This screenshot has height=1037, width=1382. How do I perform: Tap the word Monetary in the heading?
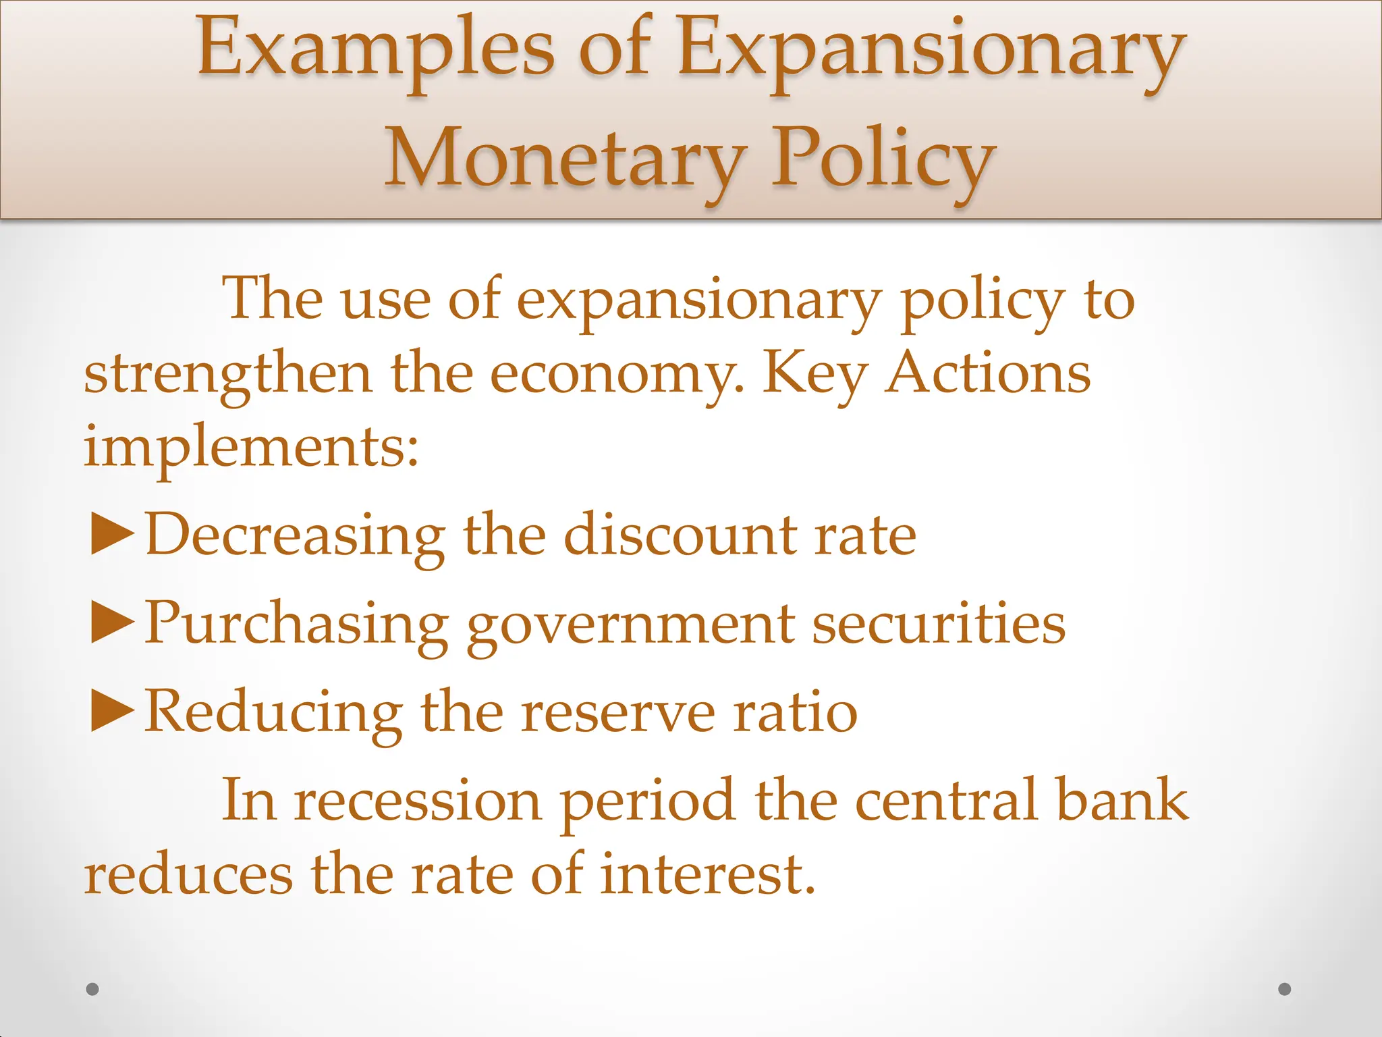[565, 159]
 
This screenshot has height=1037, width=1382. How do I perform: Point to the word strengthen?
[228, 375]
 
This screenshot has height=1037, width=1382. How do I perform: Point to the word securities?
[939, 622]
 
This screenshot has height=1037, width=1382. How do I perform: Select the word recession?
[418, 801]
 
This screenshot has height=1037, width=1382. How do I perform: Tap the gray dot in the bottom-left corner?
[93, 989]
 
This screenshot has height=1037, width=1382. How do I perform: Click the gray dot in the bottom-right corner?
[1285, 989]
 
